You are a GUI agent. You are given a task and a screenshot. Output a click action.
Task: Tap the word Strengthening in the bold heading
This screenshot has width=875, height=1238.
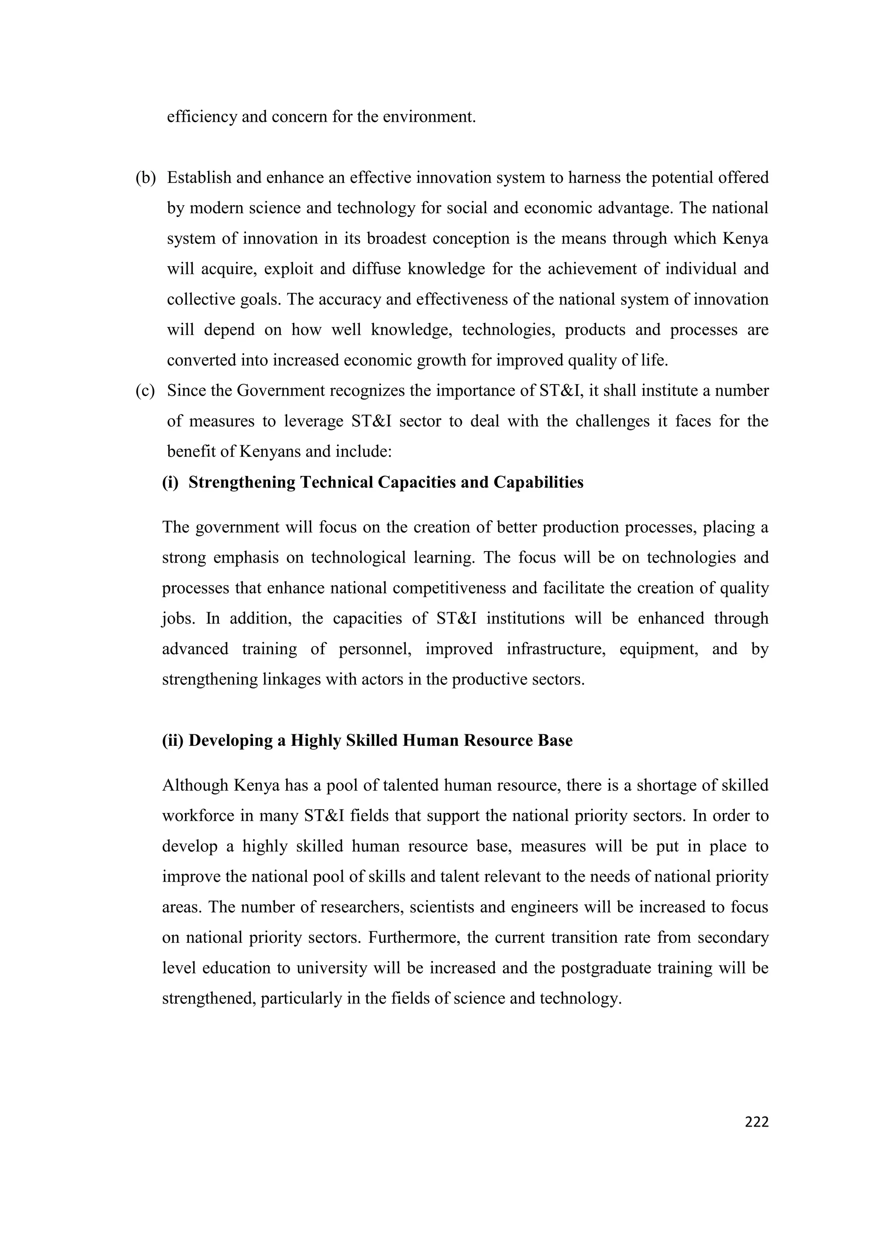tap(242, 482)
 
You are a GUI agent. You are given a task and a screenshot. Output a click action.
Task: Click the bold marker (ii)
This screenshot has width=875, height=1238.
tap(173, 740)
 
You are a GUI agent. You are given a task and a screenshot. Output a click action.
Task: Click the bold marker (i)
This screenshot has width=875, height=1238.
tap(170, 482)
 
